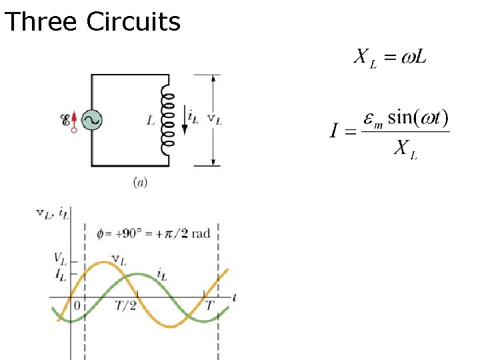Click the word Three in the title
pos(41,22)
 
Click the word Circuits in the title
pos(133,22)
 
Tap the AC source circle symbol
pos(91,120)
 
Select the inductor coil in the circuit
pos(168,120)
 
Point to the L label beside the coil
pos(151,121)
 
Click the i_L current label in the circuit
pos(193,117)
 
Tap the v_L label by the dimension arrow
pos(215,119)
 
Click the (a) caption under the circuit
pos(141,182)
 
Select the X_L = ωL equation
pos(390,57)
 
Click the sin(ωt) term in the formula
pos(418,118)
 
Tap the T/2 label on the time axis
pos(125,305)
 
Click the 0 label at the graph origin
pos(77,305)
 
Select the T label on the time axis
pos(209,305)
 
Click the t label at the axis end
pos(235,295)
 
